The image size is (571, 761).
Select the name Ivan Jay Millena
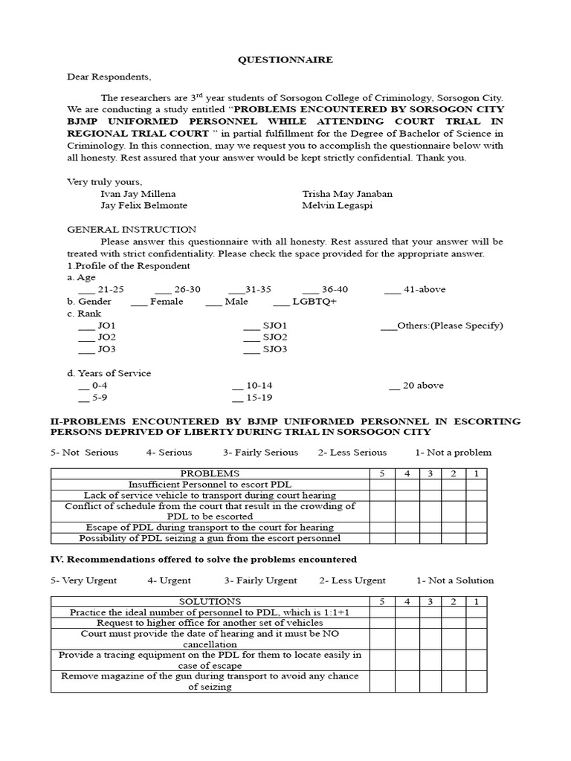[x=137, y=194]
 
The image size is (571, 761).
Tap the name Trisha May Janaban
[x=347, y=194]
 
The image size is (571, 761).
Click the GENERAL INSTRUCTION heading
[x=132, y=230]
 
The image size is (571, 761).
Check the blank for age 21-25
[x=86, y=290]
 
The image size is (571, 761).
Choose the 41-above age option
[x=393, y=290]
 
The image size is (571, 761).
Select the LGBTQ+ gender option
[x=282, y=302]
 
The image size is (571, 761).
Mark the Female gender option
[x=139, y=302]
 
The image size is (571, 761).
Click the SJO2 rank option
[x=252, y=337]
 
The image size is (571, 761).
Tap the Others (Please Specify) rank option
[x=388, y=326]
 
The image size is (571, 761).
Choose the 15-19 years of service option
[x=237, y=398]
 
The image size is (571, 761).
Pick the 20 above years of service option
[x=394, y=386]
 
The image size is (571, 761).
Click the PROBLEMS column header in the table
[x=210, y=473]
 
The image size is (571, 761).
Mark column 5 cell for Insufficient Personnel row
[x=382, y=484]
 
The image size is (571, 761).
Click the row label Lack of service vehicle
[x=210, y=495]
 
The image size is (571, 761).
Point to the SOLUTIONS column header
[x=210, y=600]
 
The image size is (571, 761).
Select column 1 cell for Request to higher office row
[x=476, y=622]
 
